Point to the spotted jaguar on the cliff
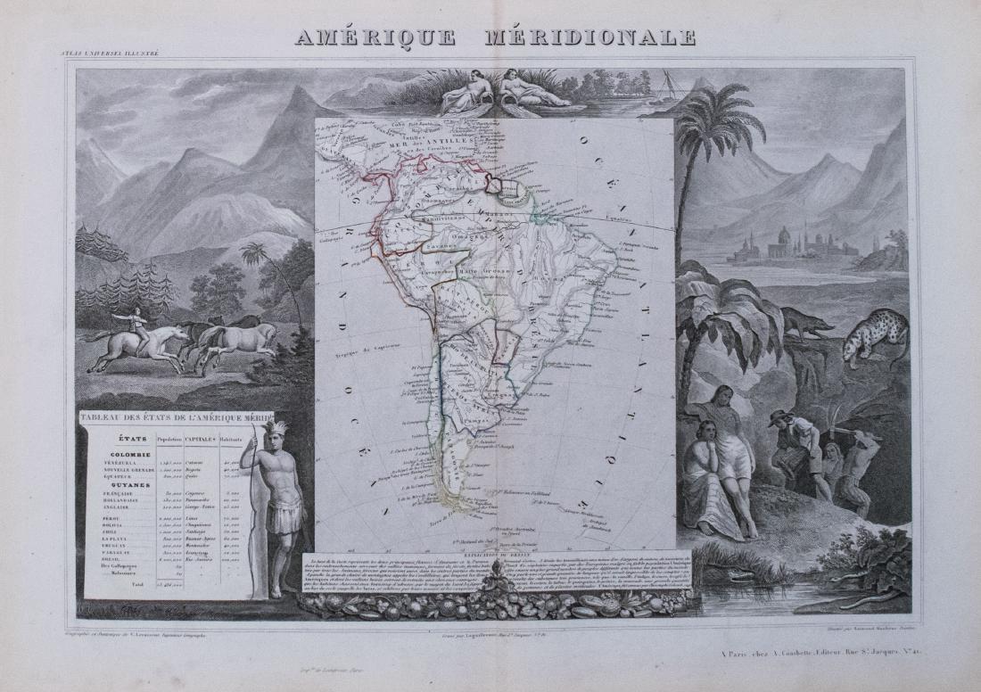pos(875,338)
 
